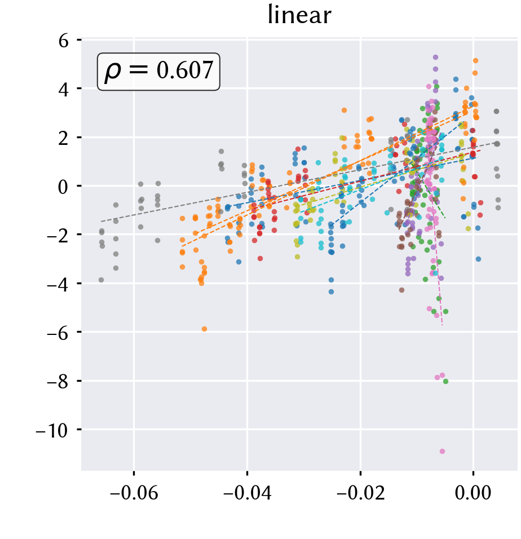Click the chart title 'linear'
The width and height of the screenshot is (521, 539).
pos(299,15)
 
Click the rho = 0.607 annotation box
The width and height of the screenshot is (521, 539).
pos(158,72)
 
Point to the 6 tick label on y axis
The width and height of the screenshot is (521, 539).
pos(63,41)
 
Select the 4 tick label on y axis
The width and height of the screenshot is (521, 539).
pos(63,90)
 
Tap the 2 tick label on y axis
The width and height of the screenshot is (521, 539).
pos(63,139)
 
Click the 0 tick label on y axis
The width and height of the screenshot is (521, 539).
pos(63,187)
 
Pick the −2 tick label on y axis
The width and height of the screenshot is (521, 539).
pos(58,236)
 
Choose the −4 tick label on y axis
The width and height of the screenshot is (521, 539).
pos(58,285)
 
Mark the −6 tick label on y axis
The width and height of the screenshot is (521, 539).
pos(58,333)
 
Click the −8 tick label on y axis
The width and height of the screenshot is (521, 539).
pos(58,382)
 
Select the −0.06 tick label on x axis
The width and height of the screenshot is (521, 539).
pos(134,493)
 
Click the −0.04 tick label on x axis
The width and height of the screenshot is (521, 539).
pos(248,493)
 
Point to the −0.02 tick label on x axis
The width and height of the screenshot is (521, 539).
pos(361,493)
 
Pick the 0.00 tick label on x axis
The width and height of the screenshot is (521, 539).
pos(473,493)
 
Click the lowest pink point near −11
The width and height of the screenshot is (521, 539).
pos(442,452)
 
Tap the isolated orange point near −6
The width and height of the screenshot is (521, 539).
pos(205,329)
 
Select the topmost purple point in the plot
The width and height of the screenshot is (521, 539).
pos(435,57)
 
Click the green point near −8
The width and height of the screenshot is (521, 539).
pos(446,381)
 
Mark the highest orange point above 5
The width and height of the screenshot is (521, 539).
pos(476,60)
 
